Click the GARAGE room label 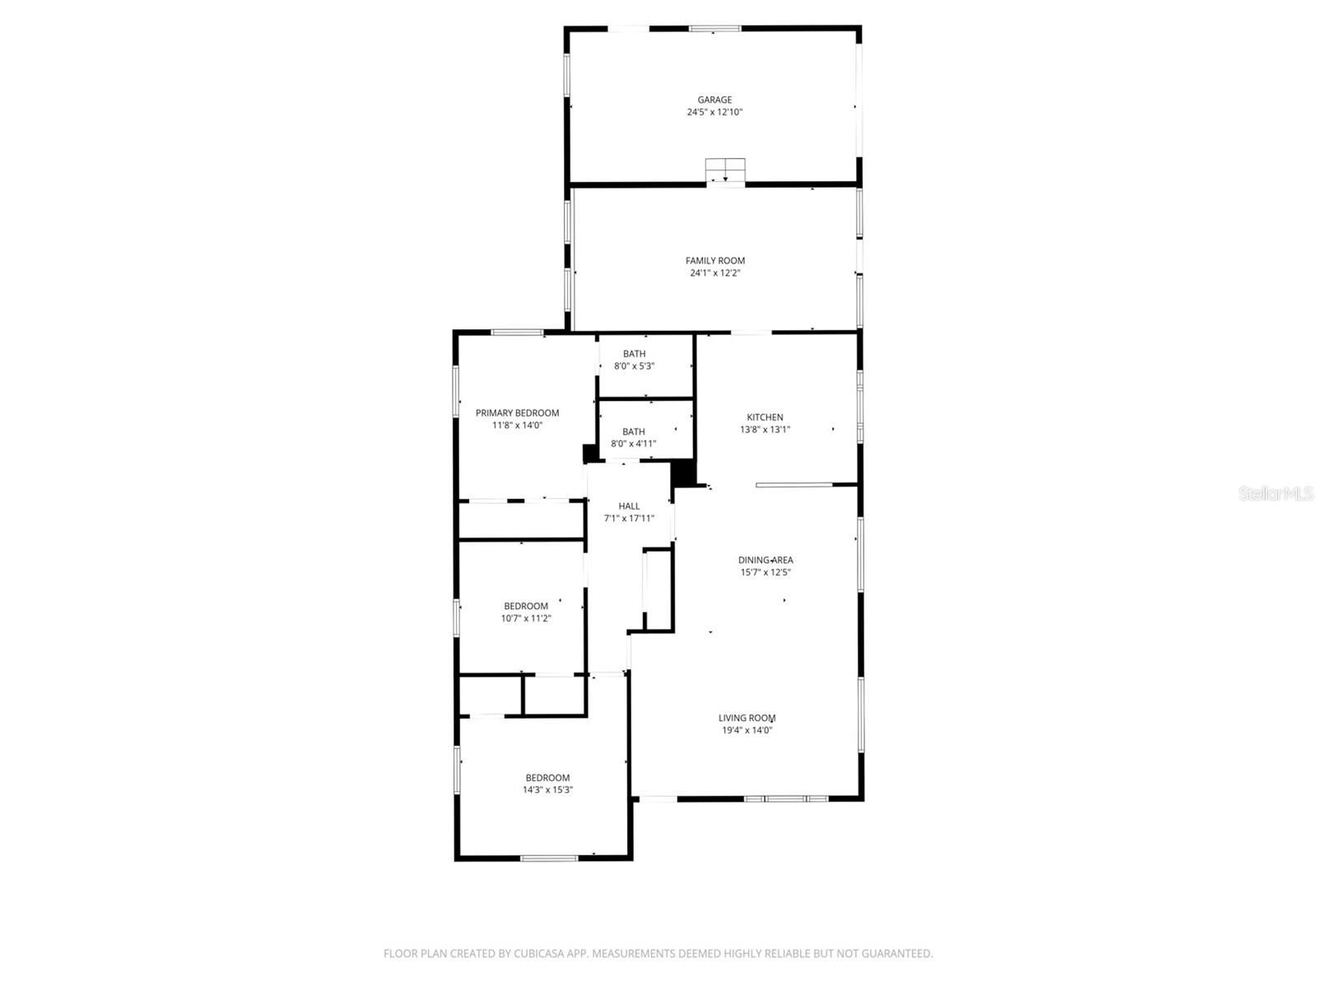[x=714, y=100]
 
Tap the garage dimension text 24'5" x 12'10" [x=714, y=112]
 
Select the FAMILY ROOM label [x=715, y=261]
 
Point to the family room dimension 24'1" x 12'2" [x=715, y=273]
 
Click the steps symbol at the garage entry [x=725, y=170]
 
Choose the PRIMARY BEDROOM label [x=517, y=413]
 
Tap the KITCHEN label [x=765, y=417]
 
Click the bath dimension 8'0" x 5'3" [x=634, y=366]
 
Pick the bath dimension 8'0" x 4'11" [x=633, y=444]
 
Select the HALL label [x=629, y=506]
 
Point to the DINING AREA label [x=766, y=561]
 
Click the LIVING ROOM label [x=747, y=718]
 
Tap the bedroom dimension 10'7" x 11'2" [x=526, y=618]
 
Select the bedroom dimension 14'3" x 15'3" [x=547, y=790]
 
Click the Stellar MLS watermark [x=1276, y=493]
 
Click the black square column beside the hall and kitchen [x=684, y=473]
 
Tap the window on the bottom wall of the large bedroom [x=549, y=859]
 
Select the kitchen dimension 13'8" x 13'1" [x=765, y=430]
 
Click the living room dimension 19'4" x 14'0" [x=747, y=730]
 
